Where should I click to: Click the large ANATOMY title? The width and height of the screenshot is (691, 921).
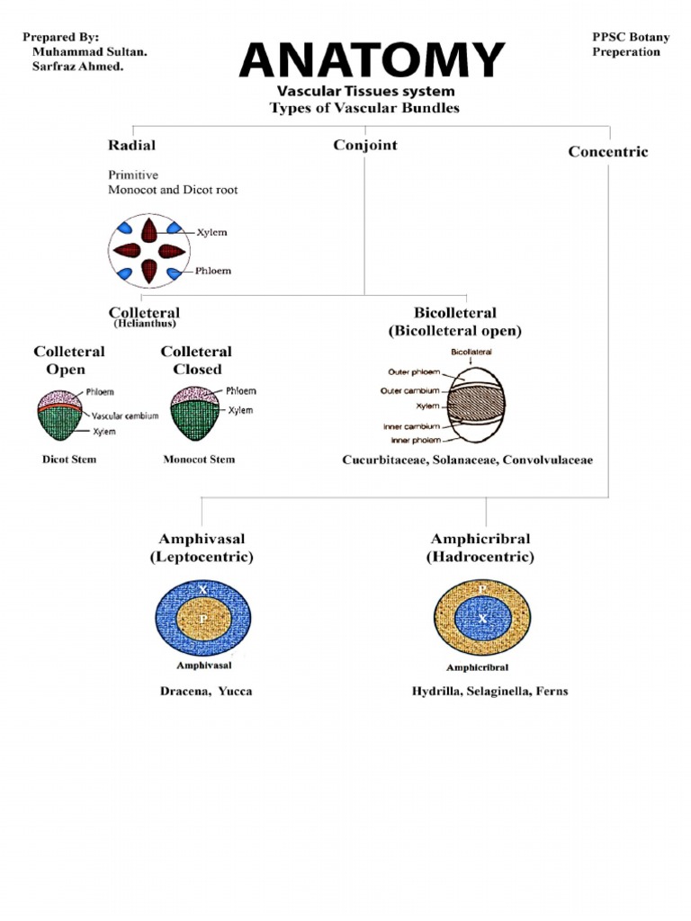click(372, 60)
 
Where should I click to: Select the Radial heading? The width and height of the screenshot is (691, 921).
click(131, 145)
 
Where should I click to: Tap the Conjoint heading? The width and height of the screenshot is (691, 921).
click(364, 145)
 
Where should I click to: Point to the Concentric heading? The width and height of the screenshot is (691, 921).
click(607, 151)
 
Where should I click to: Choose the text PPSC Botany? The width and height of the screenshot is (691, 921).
click(631, 37)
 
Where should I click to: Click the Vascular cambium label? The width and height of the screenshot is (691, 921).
click(125, 416)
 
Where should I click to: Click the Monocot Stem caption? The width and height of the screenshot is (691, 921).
click(199, 460)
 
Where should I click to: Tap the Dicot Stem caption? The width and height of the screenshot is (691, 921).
click(69, 460)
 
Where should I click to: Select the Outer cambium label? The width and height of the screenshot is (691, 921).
click(414, 390)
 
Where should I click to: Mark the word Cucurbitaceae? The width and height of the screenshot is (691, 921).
click(384, 460)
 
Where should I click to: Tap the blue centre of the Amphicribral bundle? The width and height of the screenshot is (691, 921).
click(482, 619)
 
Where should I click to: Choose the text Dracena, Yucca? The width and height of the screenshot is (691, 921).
click(207, 692)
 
